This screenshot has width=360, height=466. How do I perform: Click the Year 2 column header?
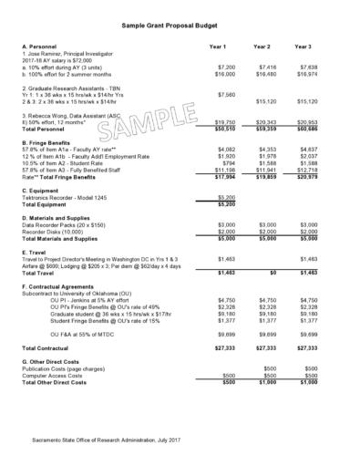262,46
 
